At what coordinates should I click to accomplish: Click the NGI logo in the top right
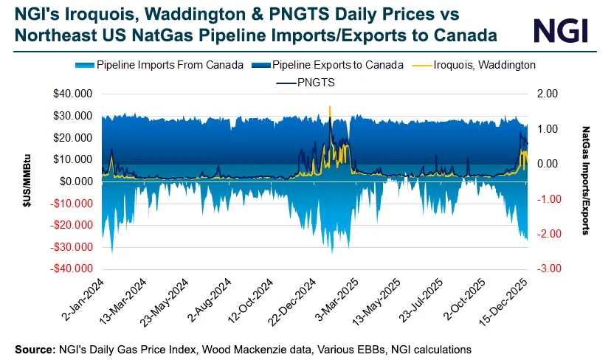pos(561,30)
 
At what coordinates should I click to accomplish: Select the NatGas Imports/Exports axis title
pos(585,181)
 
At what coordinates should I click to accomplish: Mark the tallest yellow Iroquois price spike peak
pos(330,107)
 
